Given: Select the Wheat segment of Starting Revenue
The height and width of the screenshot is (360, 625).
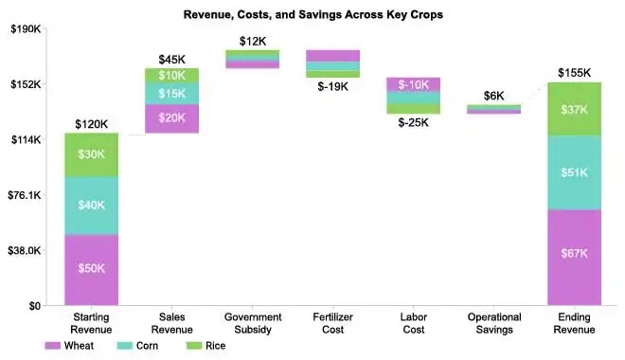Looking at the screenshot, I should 91,269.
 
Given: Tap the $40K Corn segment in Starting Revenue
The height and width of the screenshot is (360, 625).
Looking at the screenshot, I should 91,206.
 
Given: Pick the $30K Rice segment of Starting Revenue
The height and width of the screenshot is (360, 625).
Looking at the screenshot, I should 91,154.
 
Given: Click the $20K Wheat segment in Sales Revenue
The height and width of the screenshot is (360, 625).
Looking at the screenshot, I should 171,117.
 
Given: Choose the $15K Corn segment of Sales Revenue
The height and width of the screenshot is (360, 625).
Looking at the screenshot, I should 171,93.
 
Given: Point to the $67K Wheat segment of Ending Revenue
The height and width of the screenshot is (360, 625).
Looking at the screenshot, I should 574,253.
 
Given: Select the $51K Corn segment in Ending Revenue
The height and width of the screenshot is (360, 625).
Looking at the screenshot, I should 574,172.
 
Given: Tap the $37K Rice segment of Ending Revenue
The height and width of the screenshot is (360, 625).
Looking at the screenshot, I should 574,109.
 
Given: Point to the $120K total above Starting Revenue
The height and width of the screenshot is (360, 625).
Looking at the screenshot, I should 91,124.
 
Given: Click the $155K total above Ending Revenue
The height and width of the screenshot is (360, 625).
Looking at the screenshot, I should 574,73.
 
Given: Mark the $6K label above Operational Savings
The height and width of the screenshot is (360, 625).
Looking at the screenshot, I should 493,96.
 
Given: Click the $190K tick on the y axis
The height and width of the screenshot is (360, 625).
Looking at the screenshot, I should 26,29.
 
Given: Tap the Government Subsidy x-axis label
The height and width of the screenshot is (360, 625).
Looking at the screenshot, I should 252,323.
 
